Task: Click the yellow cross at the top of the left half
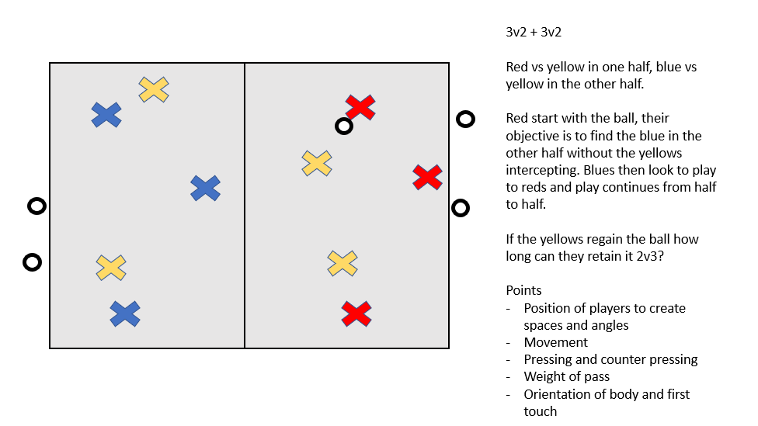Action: [154, 89]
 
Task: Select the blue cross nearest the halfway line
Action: [205, 188]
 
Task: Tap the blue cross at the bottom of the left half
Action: [124, 313]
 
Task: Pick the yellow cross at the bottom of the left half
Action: [111, 267]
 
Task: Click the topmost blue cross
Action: [106, 115]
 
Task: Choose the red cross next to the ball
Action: [360, 107]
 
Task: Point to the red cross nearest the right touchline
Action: [427, 177]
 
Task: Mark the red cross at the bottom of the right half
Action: [356, 313]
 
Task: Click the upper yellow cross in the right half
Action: [317, 163]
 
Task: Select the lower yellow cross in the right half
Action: [342, 263]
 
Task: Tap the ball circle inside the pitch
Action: [343, 126]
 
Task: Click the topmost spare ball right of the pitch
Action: [465, 119]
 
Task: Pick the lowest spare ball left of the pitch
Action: [32, 262]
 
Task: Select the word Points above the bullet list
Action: [523, 290]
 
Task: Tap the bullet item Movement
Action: [555, 342]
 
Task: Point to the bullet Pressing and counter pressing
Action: [610, 359]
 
